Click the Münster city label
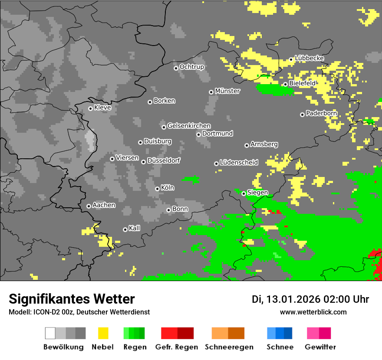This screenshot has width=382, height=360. point(227,91)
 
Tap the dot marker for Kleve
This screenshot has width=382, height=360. point(90,108)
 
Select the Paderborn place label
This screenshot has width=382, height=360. point(321,114)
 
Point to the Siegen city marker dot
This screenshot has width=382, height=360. point(244,193)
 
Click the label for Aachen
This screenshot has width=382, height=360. point(104,205)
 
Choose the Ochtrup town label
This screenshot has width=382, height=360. point(191,67)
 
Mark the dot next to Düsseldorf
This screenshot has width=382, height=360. point(143,162)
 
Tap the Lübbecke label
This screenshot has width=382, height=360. point(309,58)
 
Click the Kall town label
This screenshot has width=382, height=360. point(134,228)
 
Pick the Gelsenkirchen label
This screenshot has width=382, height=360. point(189,126)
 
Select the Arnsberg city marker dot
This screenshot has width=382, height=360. point(247,145)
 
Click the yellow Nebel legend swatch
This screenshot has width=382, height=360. point(103,333)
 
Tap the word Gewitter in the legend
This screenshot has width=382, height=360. point(320,347)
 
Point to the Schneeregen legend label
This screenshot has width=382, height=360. point(229,347)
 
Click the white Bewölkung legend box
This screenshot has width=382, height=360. point(50,333)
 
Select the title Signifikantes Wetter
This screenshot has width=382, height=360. point(72,299)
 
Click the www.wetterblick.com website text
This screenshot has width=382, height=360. point(313,312)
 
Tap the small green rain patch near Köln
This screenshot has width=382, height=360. point(191,179)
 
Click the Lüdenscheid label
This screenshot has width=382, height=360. point(239,162)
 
